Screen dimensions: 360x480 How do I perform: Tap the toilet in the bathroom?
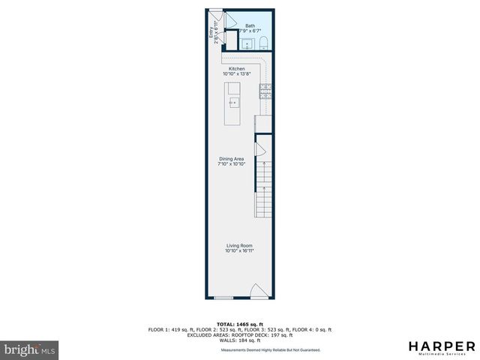[262, 44]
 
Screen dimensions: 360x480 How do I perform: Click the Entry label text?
[210, 33]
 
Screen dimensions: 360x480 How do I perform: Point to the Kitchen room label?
[237, 69]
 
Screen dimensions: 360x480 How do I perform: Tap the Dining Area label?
[232, 158]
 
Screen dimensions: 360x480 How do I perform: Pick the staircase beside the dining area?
[263, 187]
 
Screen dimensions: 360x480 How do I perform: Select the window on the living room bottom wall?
[223, 297]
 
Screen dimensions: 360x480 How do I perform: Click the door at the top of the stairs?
[262, 151]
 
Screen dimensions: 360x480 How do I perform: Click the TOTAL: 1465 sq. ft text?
[239, 323]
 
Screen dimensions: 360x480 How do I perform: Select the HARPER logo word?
[441, 346]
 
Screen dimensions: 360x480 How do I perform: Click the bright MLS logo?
[29, 349]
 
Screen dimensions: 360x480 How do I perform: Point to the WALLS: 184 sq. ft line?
[239, 340]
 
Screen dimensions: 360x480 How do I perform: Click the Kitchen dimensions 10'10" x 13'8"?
[237, 74]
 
